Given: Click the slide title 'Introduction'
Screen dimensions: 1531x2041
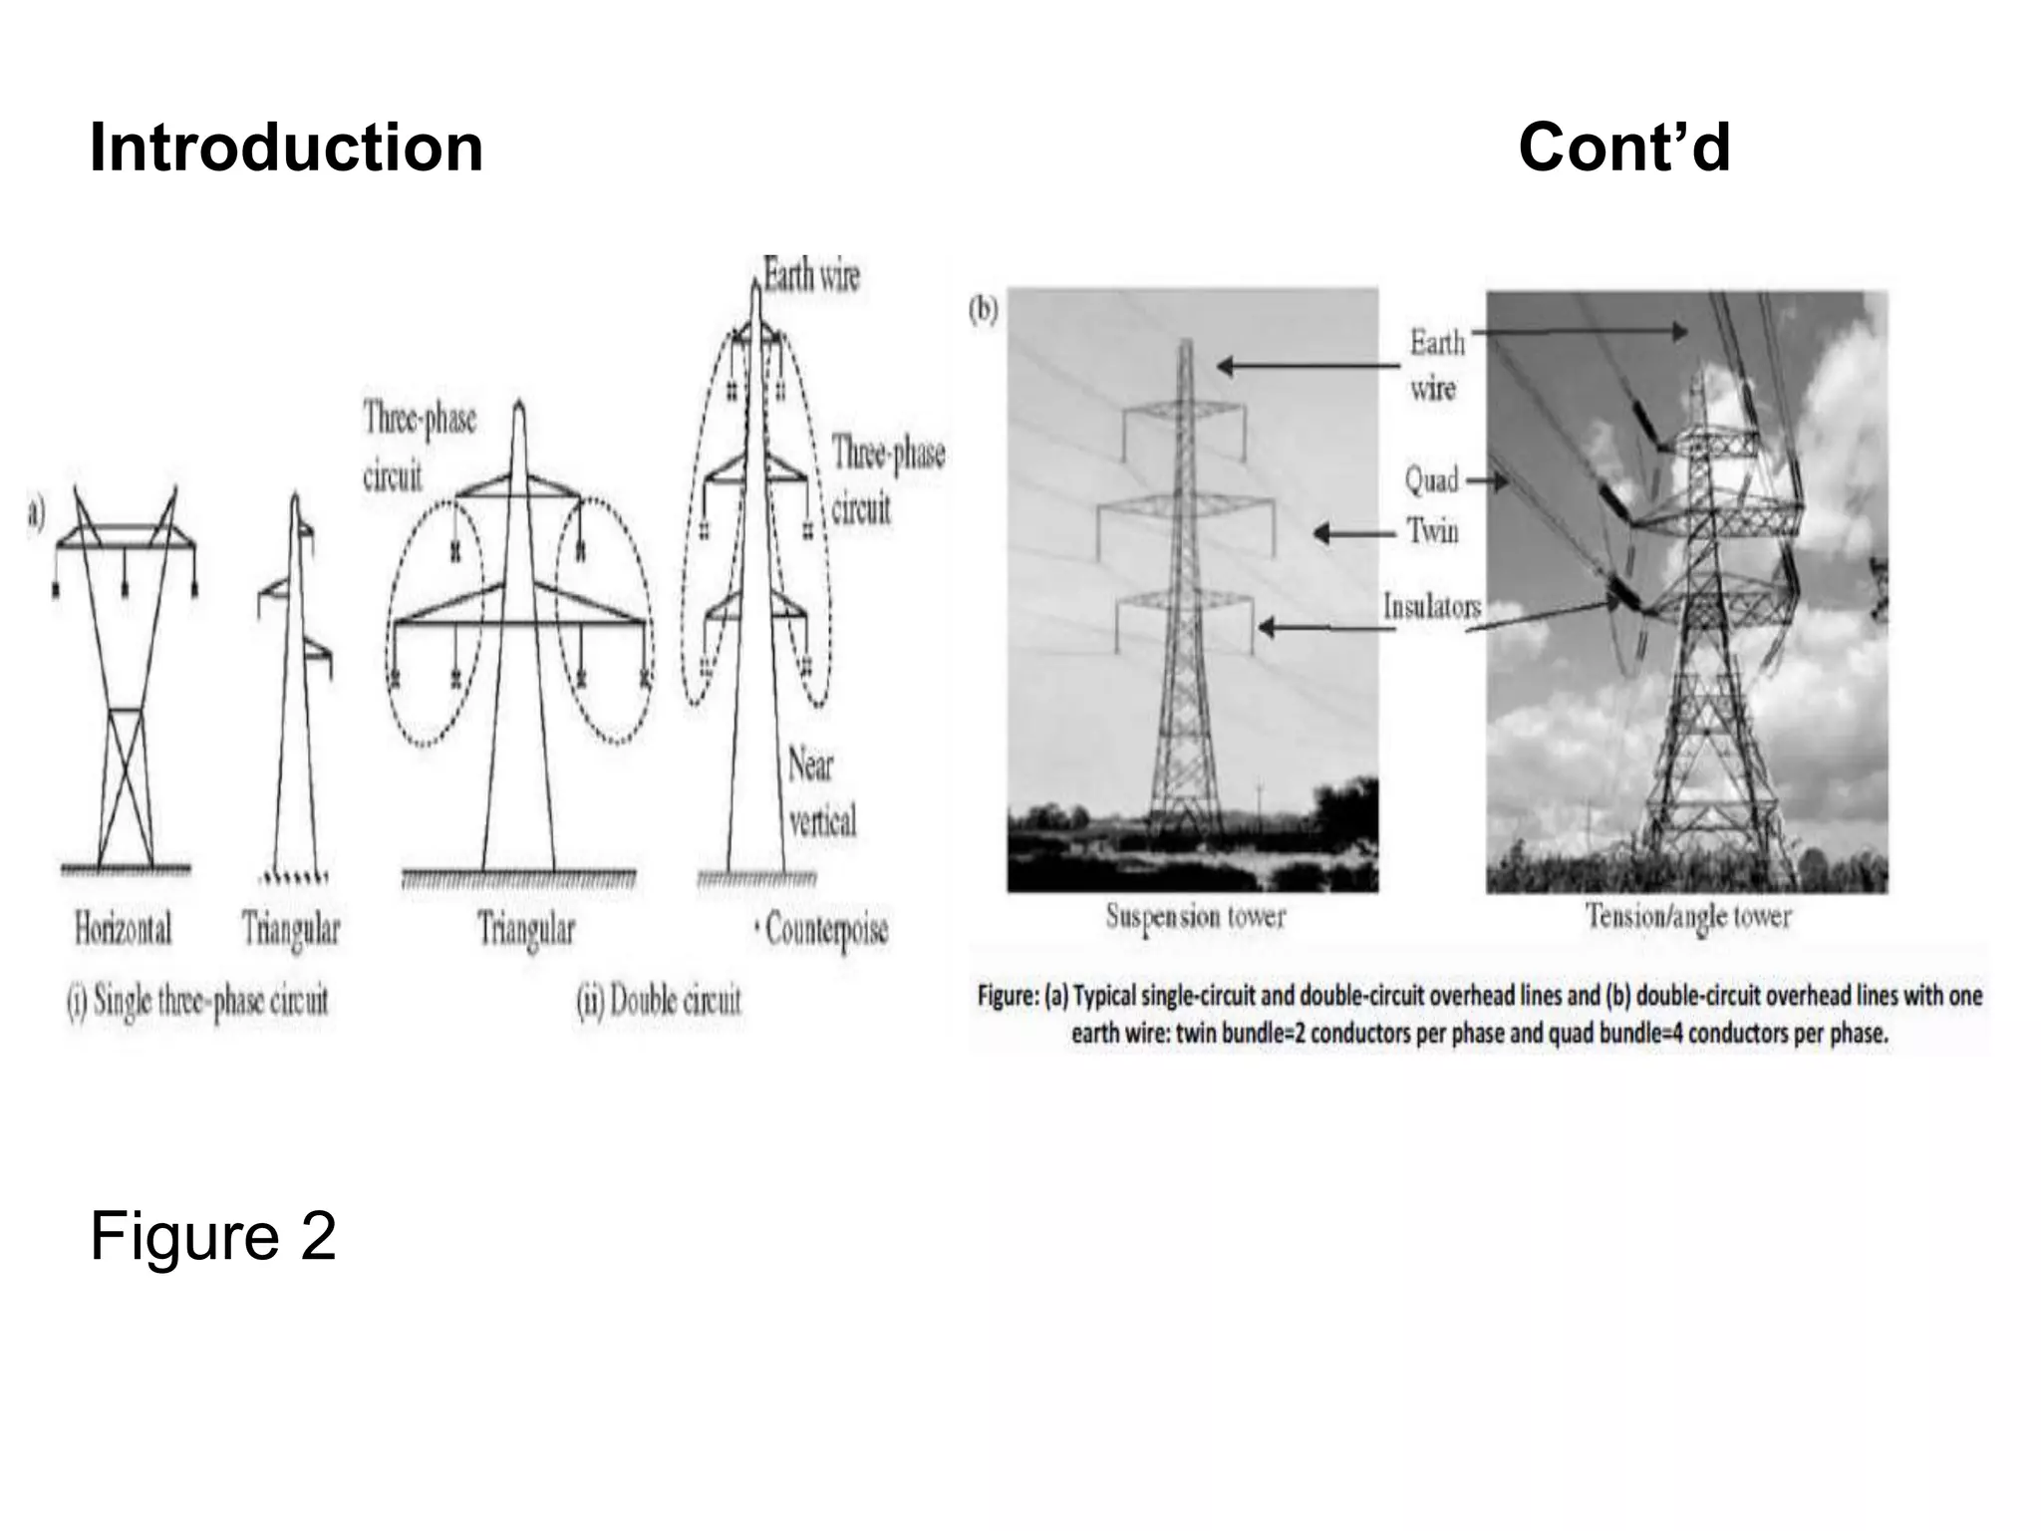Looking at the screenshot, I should click(x=286, y=149).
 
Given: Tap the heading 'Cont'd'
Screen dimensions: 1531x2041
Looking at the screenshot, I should click(x=1623, y=149).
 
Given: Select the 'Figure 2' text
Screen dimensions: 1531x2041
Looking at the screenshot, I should click(x=213, y=1237).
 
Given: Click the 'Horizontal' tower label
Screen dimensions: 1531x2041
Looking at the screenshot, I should click(x=123, y=929).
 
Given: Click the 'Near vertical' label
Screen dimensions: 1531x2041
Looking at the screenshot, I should click(x=821, y=794).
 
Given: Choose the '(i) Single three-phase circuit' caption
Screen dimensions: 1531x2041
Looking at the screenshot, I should click(x=197, y=1000).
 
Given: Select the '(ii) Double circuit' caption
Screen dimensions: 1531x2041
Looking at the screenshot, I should click(x=659, y=1000).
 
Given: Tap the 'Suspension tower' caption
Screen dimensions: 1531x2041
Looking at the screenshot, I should click(x=1195, y=916).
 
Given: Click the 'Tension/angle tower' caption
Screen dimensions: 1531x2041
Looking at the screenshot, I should click(x=1688, y=916).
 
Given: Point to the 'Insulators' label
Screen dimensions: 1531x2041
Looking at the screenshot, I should click(x=1431, y=606).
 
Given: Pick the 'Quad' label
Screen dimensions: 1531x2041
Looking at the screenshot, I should click(x=1431, y=480).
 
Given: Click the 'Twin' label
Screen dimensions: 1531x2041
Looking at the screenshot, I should click(x=1433, y=530).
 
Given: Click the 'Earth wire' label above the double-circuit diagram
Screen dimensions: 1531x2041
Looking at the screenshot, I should click(x=811, y=274).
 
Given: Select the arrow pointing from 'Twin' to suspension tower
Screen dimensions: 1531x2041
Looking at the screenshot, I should click(x=1353, y=534).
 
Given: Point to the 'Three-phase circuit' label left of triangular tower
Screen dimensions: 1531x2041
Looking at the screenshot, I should click(x=419, y=448).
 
